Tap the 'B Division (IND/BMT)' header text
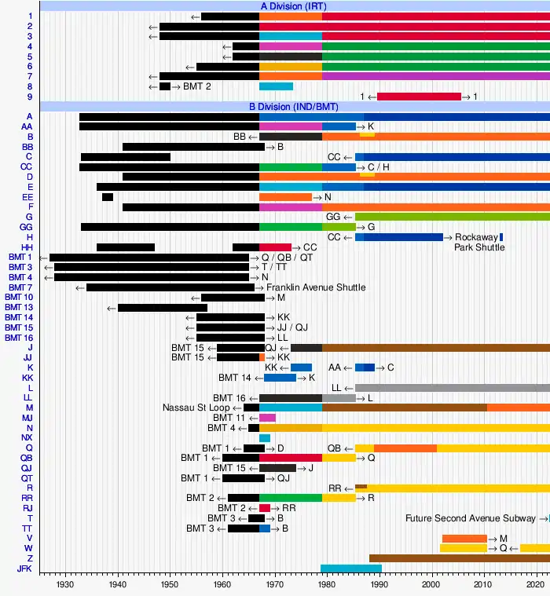(x=295, y=106)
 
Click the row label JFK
(x=24, y=569)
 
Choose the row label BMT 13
(x=19, y=307)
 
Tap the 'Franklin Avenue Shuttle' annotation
(x=316, y=287)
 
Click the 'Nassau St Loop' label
(x=196, y=408)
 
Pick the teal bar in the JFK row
(x=350, y=569)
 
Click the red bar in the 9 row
(x=419, y=97)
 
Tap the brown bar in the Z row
(x=459, y=558)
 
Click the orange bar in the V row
(x=464, y=538)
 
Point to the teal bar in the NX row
(x=265, y=438)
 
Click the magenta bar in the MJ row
(x=267, y=418)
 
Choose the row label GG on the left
(x=27, y=226)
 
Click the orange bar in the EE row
(x=285, y=197)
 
